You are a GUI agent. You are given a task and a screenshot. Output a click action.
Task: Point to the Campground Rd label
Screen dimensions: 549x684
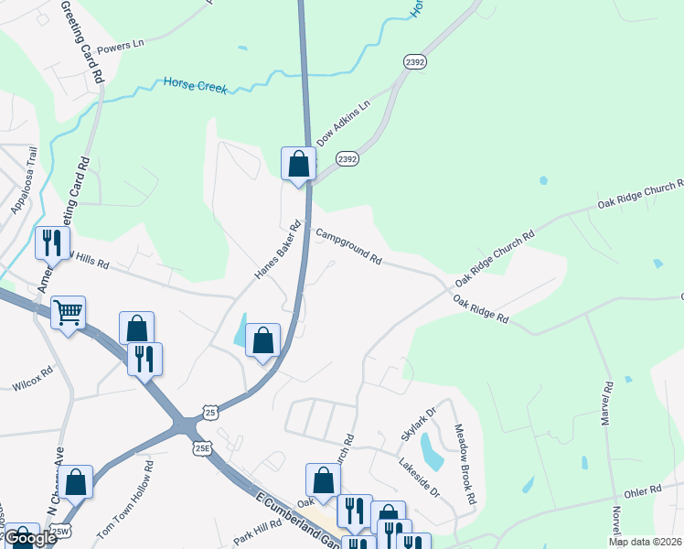[348, 247]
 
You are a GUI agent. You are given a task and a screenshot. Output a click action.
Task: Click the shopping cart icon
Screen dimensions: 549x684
[68, 313]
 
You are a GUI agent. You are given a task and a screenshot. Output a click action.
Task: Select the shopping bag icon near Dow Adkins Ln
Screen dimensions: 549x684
[298, 164]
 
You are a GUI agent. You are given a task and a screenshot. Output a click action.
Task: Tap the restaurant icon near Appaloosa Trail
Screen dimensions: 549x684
[50, 242]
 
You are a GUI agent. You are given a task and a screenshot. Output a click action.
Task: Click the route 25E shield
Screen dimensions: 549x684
[201, 448]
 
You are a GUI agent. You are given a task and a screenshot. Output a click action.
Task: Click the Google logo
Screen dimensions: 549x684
[30, 538]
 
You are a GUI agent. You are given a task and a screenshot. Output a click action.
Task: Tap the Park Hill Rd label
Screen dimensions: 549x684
[257, 533]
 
